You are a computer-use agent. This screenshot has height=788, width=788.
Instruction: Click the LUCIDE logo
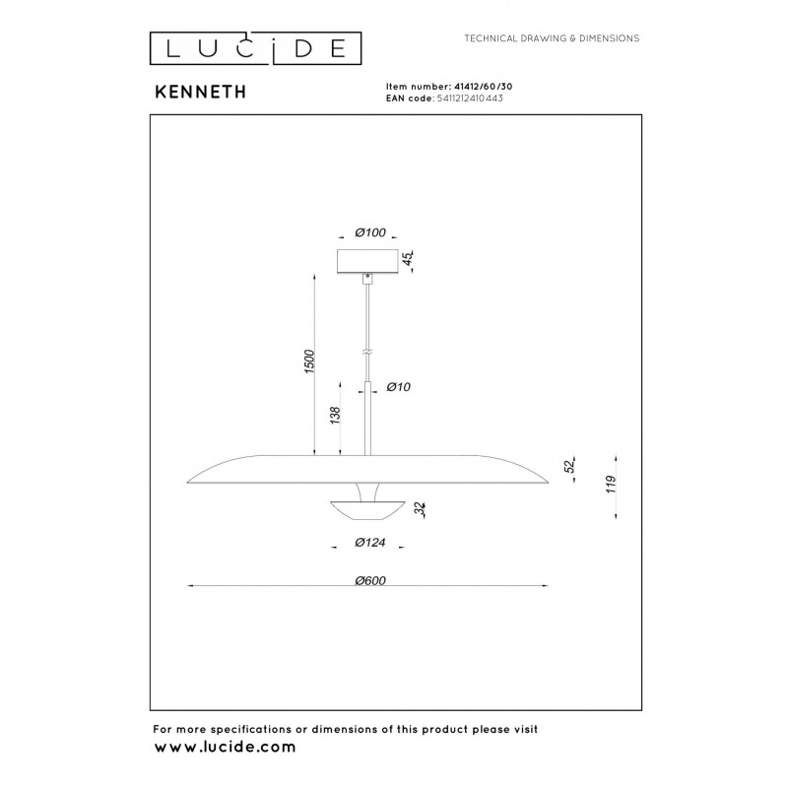[255, 48]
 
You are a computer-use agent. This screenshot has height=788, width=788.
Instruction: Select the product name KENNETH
[201, 92]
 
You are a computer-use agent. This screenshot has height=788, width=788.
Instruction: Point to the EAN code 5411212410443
[470, 98]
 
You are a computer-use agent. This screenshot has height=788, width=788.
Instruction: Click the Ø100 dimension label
[370, 232]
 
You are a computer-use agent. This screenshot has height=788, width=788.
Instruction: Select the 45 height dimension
[408, 259]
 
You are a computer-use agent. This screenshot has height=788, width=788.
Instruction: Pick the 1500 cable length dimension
[309, 361]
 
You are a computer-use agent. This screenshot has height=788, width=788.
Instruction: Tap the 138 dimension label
[335, 415]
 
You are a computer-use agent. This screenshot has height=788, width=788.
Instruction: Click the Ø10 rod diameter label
[399, 386]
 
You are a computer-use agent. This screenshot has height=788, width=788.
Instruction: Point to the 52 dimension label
[569, 466]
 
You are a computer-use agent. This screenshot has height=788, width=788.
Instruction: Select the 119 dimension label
[611, 484]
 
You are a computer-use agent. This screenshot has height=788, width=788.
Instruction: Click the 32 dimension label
[421, 509]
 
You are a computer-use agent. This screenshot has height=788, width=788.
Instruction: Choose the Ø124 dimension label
[370, 543]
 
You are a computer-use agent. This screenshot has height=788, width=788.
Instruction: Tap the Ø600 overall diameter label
[370, 580]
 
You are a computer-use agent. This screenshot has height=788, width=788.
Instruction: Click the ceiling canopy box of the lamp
[367, 261]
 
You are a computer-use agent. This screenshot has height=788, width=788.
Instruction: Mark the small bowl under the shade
[367, 509]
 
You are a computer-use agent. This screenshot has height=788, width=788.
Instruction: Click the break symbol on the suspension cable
[367, 354]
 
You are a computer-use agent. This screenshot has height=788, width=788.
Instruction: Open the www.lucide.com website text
[225, 747]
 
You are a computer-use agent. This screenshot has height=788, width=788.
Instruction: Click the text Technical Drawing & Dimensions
[552, 38]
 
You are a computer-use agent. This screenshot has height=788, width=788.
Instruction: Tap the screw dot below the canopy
[367, 277]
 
